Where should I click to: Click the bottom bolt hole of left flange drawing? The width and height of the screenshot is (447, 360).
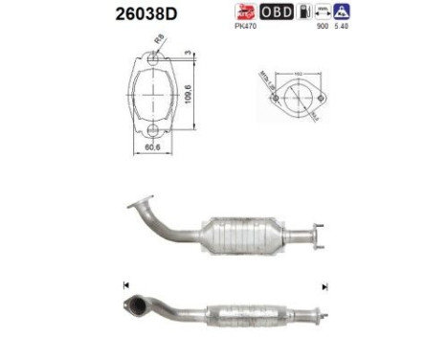(x=151, y=127)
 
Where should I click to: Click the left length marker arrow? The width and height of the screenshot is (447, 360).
(x=125, y=285)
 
